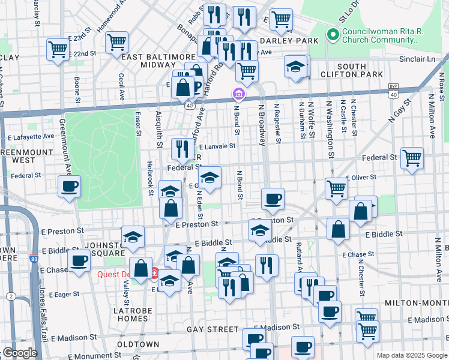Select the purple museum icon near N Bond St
238,94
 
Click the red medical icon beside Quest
154,274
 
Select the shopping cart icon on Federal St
412,158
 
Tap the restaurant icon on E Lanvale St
182,149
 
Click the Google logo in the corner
19,353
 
